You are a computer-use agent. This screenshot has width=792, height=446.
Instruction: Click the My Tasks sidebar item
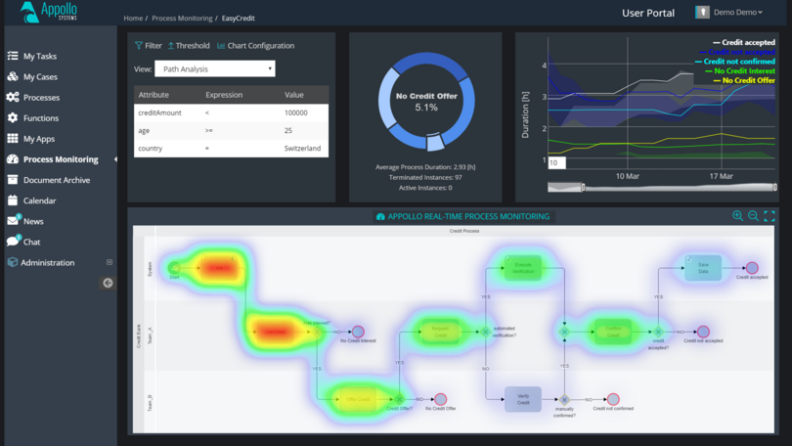click(39, 57)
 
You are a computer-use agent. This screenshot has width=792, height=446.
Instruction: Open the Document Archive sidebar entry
click(56, 180)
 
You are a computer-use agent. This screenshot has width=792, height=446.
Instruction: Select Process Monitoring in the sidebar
click(60, 159)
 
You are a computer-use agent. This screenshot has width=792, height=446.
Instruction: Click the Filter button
click(149, 46)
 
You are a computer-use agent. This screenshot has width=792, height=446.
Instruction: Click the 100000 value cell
click(295, 113)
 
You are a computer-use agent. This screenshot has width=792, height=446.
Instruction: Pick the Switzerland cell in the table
click(302, 149)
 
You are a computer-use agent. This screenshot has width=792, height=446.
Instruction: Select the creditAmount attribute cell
click(160, 113)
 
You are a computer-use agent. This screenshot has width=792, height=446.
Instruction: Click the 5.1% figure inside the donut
click(425, 108)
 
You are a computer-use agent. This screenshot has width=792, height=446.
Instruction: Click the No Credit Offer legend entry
click(748, 80)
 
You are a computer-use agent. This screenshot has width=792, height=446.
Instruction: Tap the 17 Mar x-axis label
click(721, 176)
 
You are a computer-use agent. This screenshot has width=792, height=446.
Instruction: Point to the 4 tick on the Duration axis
click(544, 66)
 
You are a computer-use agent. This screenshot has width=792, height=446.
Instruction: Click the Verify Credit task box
click(523, 398)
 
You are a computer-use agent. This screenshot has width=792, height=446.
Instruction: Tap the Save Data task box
click(702, 267)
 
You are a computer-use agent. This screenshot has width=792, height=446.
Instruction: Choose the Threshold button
click(189, 46)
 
